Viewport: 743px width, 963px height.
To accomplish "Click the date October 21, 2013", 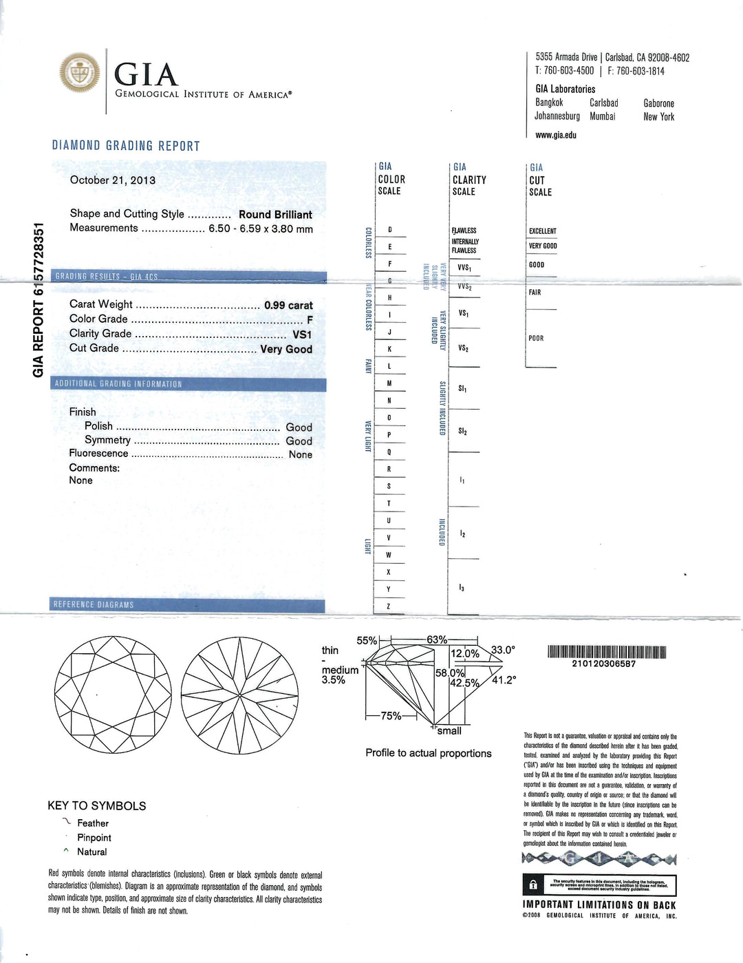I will [x=113, y=180].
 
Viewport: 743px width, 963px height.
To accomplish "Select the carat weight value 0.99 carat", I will [x=288, y=305].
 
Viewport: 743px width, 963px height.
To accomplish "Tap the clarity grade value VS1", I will [x=302, y=335].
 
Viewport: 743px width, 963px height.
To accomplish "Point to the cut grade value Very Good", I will [x=286, y=349].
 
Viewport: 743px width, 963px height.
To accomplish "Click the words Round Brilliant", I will [x=275, y=215].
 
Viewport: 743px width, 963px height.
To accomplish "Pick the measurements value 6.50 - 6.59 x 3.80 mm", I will [x=261, y=229].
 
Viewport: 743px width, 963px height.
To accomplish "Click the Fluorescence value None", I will [x=300, y=454].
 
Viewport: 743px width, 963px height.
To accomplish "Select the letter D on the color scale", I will [x=389, y=230].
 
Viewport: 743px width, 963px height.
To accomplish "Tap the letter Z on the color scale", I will [x=389, y=606].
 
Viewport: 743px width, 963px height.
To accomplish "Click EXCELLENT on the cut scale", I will [x=542, y=231].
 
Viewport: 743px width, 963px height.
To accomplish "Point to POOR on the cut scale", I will [x=536, y=339].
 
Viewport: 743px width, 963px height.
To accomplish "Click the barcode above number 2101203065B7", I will [x=607, y=652].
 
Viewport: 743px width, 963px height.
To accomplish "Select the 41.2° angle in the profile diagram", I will [x=504, y=680].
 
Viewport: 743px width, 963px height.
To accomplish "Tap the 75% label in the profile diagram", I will [x=391, y=716].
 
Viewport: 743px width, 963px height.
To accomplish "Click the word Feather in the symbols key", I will [x=93, y=823].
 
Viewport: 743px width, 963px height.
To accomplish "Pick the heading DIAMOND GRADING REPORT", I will [x=126, y=146].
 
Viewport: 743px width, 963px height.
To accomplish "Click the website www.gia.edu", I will [x=556, y=135].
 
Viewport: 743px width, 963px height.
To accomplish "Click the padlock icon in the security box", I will [x=533, y=885].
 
